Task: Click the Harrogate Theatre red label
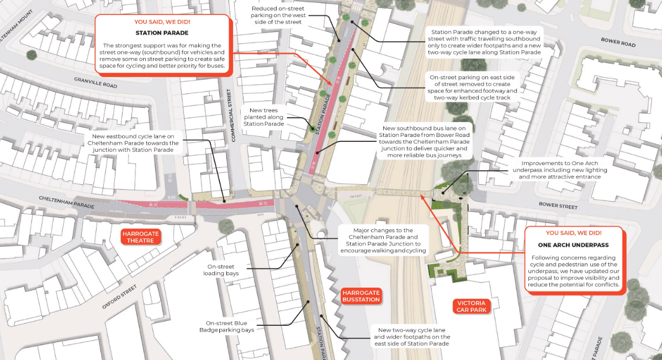(x=140, y=237)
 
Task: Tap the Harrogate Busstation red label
(x=361, y=296)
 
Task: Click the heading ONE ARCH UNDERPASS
(x=574, y=245)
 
